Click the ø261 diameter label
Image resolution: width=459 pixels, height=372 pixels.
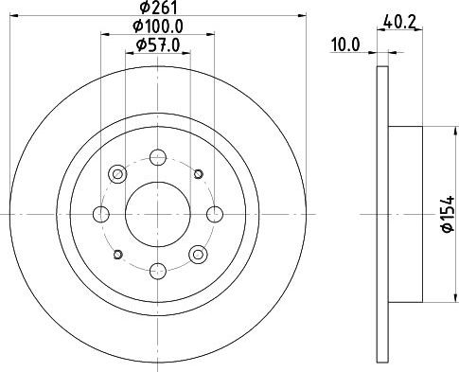click(159, 8)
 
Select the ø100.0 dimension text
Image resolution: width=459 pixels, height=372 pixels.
click(158, 27)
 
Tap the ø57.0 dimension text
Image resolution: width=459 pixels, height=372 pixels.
click(158, 45)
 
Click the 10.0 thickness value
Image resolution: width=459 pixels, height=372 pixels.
click(345, 45)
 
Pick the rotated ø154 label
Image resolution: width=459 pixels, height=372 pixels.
click(449, 214)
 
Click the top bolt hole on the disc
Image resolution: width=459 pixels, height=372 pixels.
click(158, 157)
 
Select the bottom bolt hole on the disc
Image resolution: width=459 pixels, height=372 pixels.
click(158, 272)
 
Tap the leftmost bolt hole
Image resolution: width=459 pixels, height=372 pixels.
click(101, 214)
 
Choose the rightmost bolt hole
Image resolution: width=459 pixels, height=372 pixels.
click(215, 214)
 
